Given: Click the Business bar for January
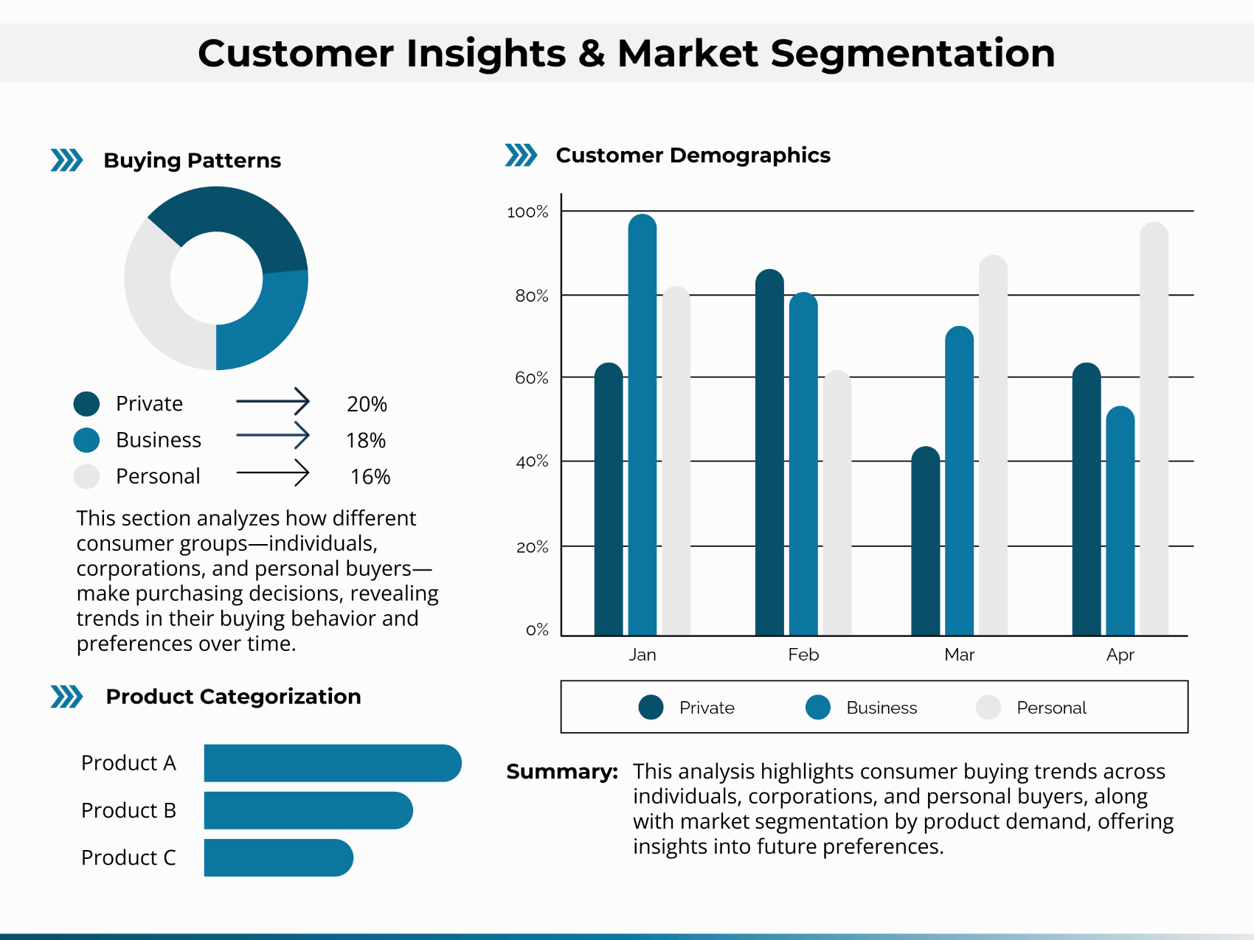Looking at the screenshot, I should click(x=642, y=428).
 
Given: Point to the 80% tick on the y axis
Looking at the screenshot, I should click(x=532, y=296).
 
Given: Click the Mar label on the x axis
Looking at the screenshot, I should click(x=959, y=655).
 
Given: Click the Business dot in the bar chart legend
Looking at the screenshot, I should click(x=818, y=707).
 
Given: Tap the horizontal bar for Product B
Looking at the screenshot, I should click(x=308, y=810).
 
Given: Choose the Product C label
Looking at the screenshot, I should click(x=128, y=857).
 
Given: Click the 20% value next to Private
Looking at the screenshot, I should click(x=367, y=404).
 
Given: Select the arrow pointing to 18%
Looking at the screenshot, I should click(x=272, y=436).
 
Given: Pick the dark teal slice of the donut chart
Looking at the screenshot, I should click(x=243, y=214).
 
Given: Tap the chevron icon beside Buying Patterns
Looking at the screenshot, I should click(x=66, y=160).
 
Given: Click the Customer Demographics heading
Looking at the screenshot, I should click(x=693, y=156).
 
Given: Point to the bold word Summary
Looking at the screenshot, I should click(x=561, y=772).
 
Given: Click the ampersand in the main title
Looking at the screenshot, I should click(x=592, y=54).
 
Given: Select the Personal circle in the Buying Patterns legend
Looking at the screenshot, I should click(x=86, y=476).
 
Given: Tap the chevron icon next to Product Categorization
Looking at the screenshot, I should click(x=66, y=697).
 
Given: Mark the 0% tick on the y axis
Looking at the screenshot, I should click(x=537, y=630).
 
